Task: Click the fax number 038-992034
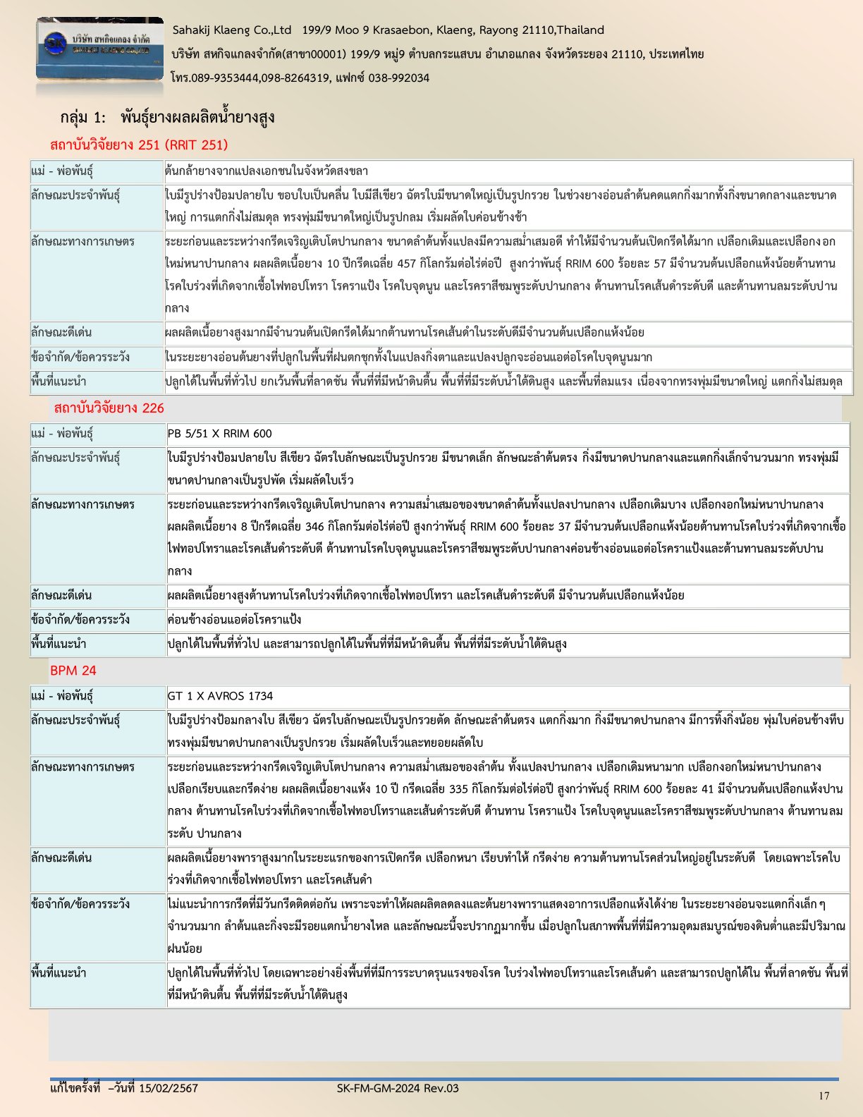point(398,78)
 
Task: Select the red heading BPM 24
point(73,671)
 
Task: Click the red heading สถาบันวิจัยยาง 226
point(109,408)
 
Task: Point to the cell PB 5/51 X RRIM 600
point(219,434)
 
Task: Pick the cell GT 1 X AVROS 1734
point(220,696)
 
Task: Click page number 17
point(824,1095)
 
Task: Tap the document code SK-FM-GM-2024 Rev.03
point(398,1088)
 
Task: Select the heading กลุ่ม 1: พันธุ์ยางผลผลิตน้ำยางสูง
point(167,117)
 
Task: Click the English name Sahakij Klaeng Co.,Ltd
point(232,30)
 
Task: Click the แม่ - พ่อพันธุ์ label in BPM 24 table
point(62,696)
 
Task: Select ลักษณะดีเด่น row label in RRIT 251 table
point(61,332)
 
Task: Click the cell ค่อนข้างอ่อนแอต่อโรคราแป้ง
point(234,620)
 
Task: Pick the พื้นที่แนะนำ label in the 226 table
point(59,644)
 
